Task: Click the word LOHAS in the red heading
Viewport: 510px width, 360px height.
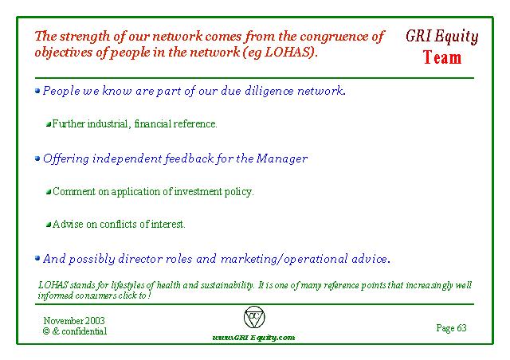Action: pos(288,52)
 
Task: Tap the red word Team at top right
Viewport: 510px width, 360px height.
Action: pos(442,57)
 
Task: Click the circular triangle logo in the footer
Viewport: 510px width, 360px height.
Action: pos(254,317)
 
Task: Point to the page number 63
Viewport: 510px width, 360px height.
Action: pos(461,328)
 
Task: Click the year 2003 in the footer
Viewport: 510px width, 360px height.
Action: pos(96,321)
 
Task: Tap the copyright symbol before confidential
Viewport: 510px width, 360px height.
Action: pos(46,331)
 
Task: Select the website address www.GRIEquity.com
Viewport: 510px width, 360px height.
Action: pos(253,338)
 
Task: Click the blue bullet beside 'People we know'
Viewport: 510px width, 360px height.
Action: pos(37,91)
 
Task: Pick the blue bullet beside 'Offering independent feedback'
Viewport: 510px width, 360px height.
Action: pos(37,158)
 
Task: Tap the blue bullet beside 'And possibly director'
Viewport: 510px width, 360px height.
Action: pos(37,259)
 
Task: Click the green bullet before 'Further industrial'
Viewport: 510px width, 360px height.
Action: pos(49,124)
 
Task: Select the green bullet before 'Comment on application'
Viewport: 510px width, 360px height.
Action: pos(49,192)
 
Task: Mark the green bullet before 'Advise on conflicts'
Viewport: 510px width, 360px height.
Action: pos(49,225)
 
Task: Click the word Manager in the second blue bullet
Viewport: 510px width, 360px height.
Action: pos(281,159)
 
